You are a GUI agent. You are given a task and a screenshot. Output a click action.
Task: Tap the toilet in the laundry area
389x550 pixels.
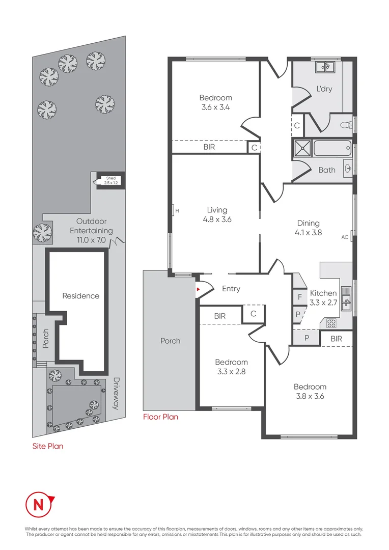coord(344,124)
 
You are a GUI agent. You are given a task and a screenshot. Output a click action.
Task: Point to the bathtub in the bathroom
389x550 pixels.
coord(332,149)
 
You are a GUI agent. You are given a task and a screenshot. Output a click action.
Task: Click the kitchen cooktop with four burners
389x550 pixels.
coord(331,322)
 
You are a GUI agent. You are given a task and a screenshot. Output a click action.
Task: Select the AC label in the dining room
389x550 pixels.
coord(345,237)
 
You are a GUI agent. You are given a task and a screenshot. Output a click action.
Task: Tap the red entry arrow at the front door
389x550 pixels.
coord(199,289)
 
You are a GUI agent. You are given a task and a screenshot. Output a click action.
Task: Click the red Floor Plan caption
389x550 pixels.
coord(161,417)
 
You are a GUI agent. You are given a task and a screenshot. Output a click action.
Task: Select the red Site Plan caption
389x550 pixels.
coord(47,446)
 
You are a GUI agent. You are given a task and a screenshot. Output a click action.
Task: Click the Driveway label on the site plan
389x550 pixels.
coord(116,393)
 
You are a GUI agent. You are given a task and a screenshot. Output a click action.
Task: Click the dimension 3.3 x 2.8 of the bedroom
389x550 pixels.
coord(231,371)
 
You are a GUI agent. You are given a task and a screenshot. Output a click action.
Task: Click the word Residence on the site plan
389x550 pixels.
coord(80,296)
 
